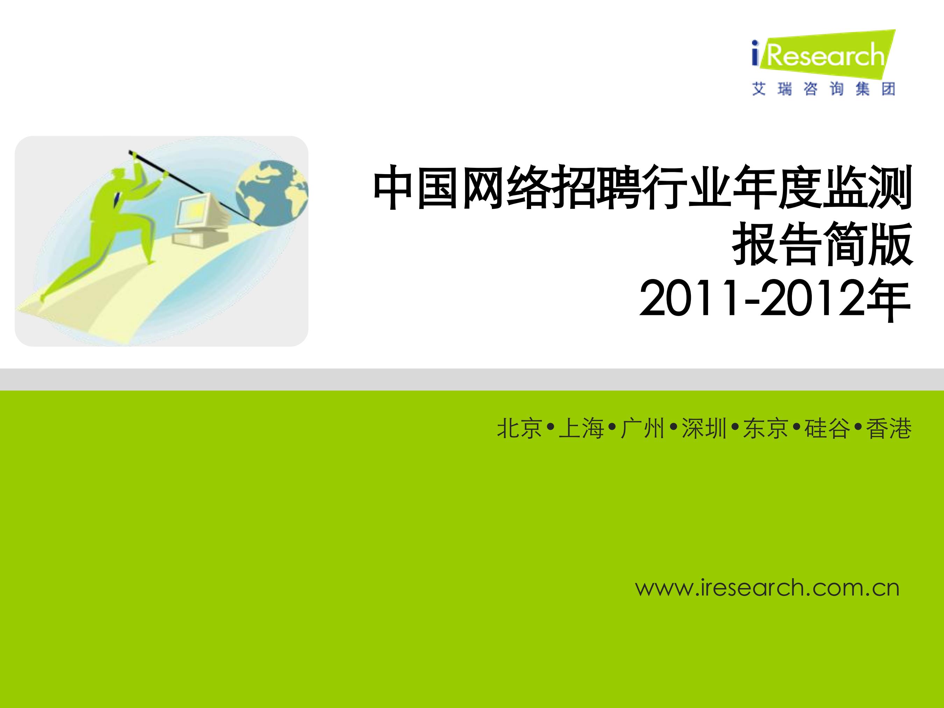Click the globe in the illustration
(x=272, y=193)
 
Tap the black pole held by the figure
(x=194, y=188)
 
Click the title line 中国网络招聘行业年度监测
(x=643, y=188)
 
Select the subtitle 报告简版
(x=822, y=244)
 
